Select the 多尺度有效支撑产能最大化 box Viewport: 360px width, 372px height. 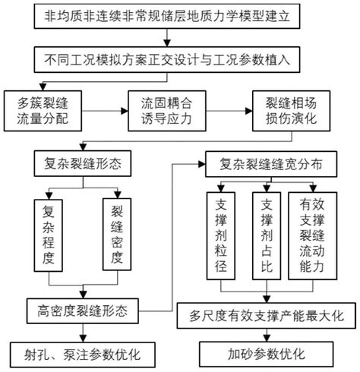(263, 312)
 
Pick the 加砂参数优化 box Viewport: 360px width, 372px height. (263, 354)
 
